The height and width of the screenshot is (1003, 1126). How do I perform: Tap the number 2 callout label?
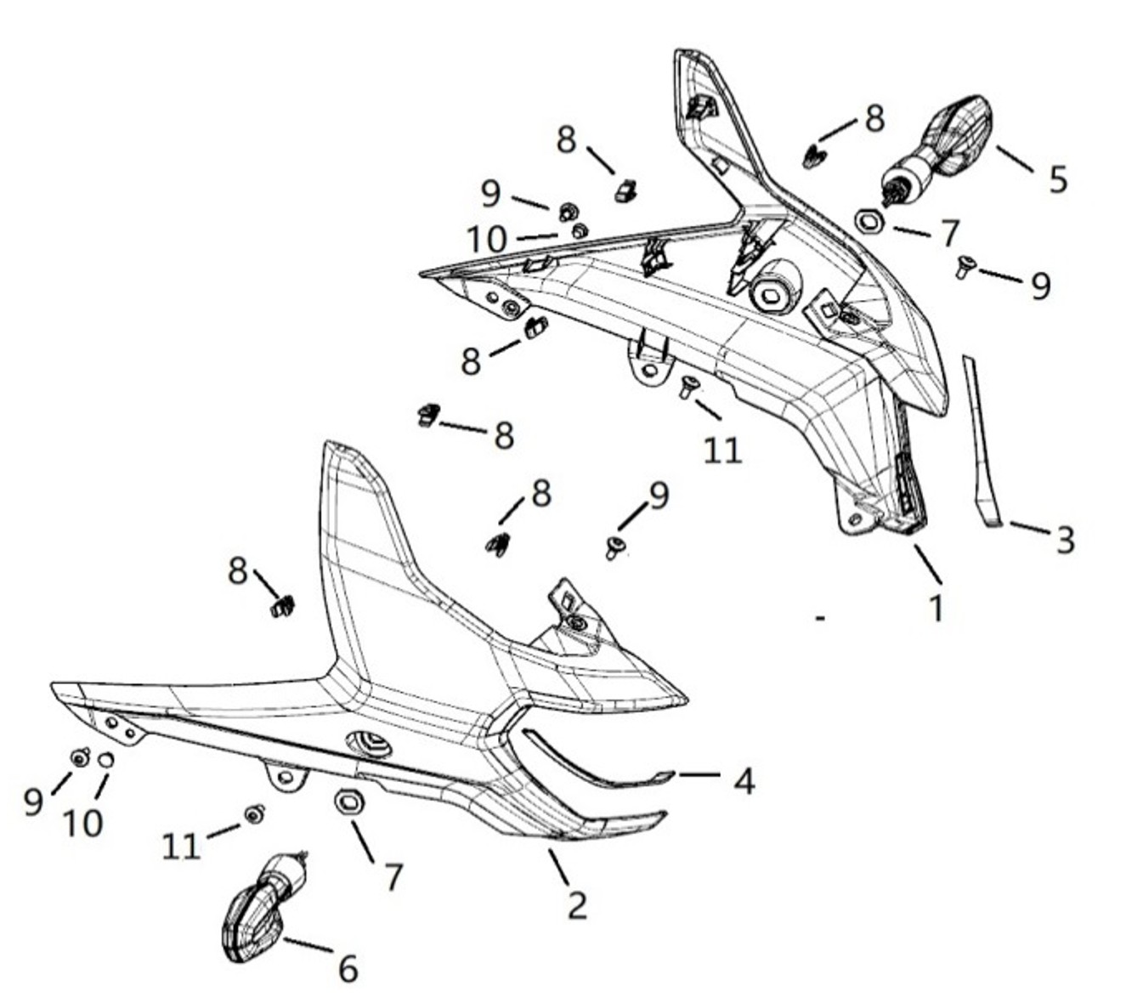pos(577,905)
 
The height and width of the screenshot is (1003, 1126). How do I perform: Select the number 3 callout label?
pos(1065,539)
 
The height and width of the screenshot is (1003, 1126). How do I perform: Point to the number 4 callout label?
pos(744,780)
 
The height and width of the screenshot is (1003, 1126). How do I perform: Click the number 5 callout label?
pos(1056,179)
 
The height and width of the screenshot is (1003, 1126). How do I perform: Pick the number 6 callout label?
pos(348,968)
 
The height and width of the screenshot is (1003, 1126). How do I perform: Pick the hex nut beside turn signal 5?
pos(869,222)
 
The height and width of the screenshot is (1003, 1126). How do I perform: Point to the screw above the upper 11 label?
pos(688,388)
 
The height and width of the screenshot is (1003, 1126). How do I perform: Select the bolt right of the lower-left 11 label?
pos(253,814)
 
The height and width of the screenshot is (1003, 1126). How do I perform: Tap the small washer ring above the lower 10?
pos(105,759)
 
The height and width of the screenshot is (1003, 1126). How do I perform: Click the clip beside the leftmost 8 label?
pos(282,606)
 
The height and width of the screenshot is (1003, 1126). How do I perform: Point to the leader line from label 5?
pos(1016,159)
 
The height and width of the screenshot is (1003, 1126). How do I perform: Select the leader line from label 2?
pos(558,867)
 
